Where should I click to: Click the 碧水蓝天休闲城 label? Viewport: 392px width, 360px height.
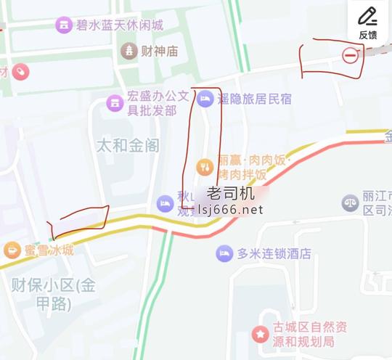(x=120, y=25)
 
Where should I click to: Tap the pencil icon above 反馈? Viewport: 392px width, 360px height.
(x=368, y=16)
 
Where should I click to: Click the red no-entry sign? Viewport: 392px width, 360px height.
(x=351, y=55)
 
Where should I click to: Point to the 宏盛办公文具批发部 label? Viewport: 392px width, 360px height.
(x=158, y=103)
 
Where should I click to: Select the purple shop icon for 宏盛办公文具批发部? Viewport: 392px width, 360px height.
(x=115, y=103)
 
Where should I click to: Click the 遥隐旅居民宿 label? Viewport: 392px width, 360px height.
(x=255, y=98)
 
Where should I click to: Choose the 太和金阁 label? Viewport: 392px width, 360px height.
(x=128, y=145)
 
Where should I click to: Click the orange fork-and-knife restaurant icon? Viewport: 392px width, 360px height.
(x=205, y=167)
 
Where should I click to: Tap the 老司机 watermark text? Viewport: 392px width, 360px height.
(x=230, y=193)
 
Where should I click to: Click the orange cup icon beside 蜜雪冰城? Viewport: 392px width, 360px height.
(x=12, y=250)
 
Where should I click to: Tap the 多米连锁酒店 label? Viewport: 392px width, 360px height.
(x=274, y=254)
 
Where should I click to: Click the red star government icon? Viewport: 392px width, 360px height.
(x=259, y=334)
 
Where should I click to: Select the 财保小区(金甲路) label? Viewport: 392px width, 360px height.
(x=54, y=293)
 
